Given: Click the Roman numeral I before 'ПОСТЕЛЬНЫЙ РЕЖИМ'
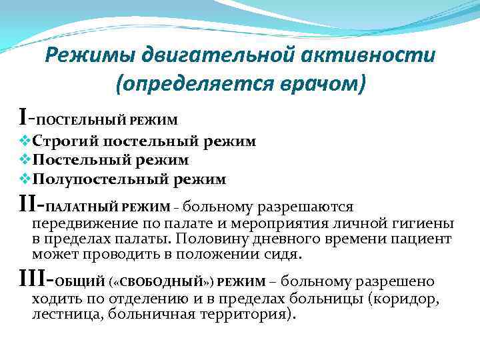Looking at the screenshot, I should pyautogui.click(x=23, y=119).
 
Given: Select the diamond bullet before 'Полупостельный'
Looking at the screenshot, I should pyautogui.click(x=26, y=179).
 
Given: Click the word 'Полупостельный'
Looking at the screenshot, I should pyautogui.click(x=100, y=179).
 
